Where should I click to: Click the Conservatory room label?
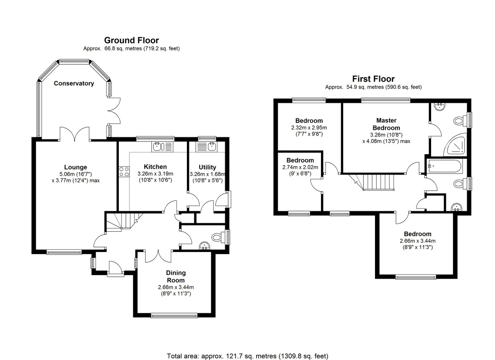(74, 83)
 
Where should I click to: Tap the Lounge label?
(75, 167)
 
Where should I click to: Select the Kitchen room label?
(155, 167)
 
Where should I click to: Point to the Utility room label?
(207, 167)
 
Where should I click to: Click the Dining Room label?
(176, 276)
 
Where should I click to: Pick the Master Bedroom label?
(386, 124)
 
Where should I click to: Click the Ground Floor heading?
(131, 40)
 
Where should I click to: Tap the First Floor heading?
(373, 79)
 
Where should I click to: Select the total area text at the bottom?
(247, 355)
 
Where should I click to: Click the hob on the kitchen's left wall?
(123, 172)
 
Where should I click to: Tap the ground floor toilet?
(217, 237)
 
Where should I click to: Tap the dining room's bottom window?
(174, 315)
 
